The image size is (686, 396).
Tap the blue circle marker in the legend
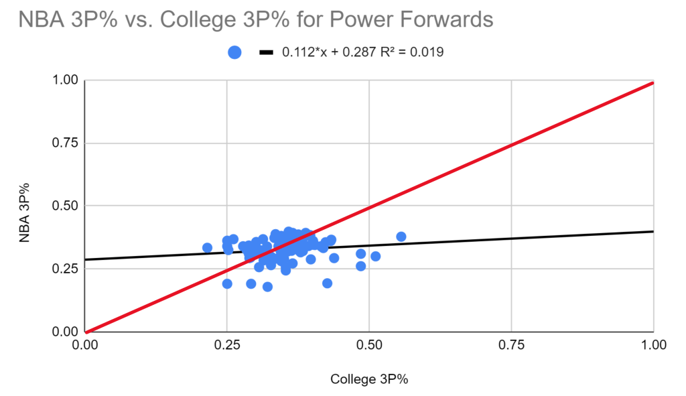[234, 52]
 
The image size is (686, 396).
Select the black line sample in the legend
[267, 52]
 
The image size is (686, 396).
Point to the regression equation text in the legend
[362, 52]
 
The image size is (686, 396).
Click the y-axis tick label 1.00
[66, 80]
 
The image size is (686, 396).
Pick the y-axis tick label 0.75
[66, 143]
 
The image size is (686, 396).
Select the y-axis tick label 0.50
[66, 206]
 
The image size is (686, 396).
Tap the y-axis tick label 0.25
[66, 269]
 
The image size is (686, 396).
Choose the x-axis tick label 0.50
[369, 346]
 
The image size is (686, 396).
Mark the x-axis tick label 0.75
[511, 346]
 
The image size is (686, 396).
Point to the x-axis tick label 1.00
[653, 346]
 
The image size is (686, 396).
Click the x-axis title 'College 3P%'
[369, 379]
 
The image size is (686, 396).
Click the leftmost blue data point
[207, 248]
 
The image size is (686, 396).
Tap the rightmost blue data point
[401, 237]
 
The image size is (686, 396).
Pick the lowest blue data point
[267, 287]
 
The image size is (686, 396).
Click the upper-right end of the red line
[652, 83]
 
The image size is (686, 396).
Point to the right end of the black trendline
[653, 231]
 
